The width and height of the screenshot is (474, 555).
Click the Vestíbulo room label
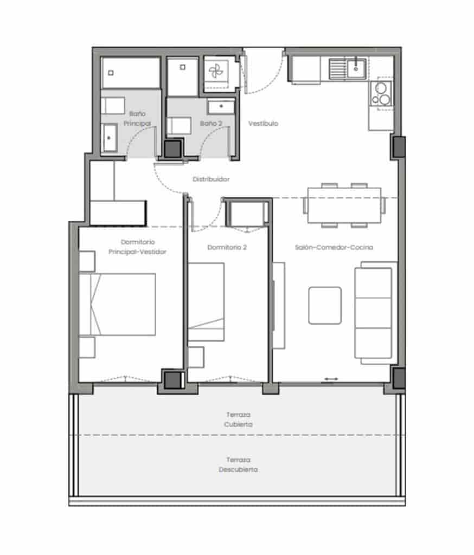point(263,124)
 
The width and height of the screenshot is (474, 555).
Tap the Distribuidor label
point(211,179)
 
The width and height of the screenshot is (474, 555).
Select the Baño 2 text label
point(211,124)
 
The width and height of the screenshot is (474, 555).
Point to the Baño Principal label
point(136,119)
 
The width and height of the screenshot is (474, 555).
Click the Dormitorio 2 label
point(227,247)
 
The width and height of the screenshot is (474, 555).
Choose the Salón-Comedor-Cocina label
point(334,247)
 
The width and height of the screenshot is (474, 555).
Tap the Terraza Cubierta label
point(239,420)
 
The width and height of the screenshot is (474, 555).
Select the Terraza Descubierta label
point(239,464)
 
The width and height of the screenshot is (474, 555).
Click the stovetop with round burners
point(381,93)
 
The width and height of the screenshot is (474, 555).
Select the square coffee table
point(325,306)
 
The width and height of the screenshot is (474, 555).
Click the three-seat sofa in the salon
point(374,313)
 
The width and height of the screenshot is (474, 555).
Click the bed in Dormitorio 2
point(206,302)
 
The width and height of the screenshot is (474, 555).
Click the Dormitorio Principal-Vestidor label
point(137,247)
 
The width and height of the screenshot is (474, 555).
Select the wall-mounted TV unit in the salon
point(278,305)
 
